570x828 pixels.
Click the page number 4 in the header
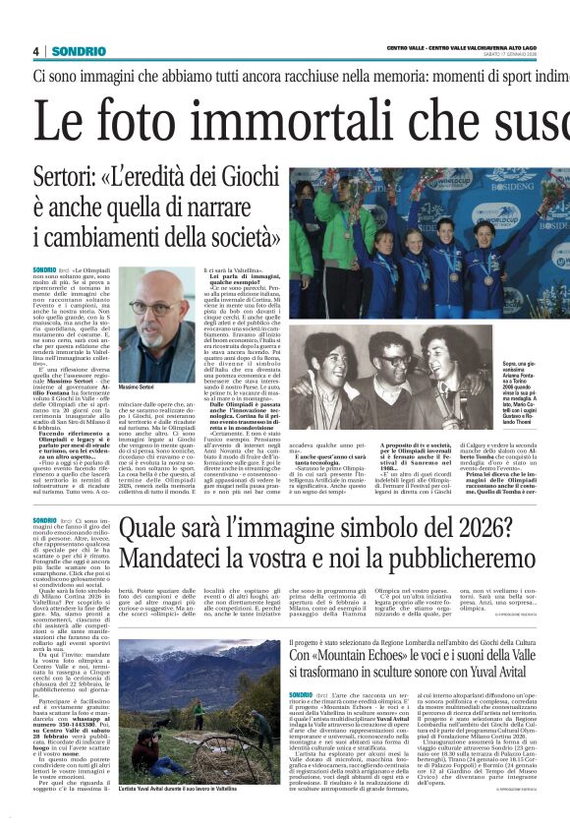(x=35, y=51)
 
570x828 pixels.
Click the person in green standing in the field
(x=199, y=714)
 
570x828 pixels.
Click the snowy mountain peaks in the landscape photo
(x=187, y=654)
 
